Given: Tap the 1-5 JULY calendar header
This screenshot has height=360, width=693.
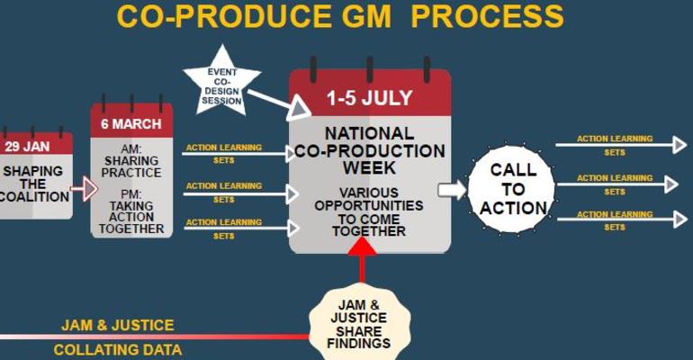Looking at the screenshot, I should [x=369, y=97].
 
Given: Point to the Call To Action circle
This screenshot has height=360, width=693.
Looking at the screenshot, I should [x=512, y=189].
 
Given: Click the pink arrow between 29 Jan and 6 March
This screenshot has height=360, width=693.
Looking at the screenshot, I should [x=83, y=189].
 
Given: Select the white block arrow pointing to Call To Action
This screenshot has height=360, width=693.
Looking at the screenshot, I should [x=452, y=189].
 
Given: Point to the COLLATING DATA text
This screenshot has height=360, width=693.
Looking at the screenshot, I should [x=117, y=349].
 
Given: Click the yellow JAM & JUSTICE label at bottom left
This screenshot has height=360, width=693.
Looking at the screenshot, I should [x=117, y=325].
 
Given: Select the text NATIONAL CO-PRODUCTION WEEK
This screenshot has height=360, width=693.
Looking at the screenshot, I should [x=369, y=150].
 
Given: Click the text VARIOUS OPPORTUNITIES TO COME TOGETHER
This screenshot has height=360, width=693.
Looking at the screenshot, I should [x=369, y=211].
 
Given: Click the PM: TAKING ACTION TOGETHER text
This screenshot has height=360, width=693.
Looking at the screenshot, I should [x=131, y=211].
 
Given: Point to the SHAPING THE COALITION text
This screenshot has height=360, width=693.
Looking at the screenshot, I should [x=34, y=184].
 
